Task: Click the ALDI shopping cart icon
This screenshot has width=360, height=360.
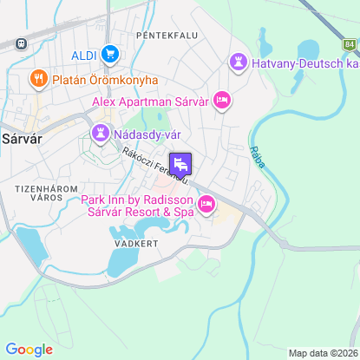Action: coord(109,55)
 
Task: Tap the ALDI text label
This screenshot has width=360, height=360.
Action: coord(84,55)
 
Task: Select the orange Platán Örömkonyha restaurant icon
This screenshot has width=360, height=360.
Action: coord(37,80)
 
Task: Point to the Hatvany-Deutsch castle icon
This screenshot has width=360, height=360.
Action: coord(237,62)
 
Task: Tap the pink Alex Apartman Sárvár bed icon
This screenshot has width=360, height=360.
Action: coord(222,101)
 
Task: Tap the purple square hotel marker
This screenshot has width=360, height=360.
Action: coord(180,164)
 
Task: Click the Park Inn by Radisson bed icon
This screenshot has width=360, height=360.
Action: coord(206,205)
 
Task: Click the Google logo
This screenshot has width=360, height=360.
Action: coord(29,349)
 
